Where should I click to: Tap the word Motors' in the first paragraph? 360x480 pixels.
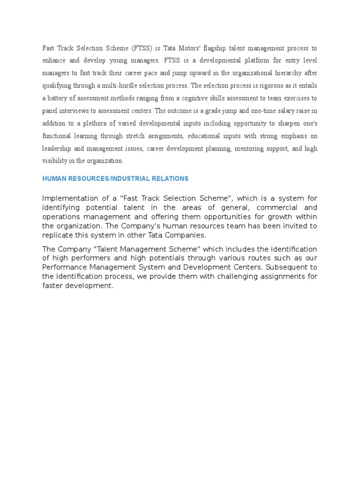(175, 48)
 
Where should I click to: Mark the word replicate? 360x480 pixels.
(57, 235)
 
